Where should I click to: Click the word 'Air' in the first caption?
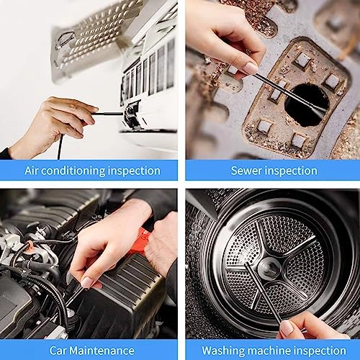click(34, 171)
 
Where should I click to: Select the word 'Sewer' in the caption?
click(247, 171)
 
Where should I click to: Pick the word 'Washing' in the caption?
click(222, 351)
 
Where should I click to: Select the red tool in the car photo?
click(139, 242)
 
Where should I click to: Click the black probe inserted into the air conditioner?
click(108, 113)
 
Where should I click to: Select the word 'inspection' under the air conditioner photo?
click(134, 171)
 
